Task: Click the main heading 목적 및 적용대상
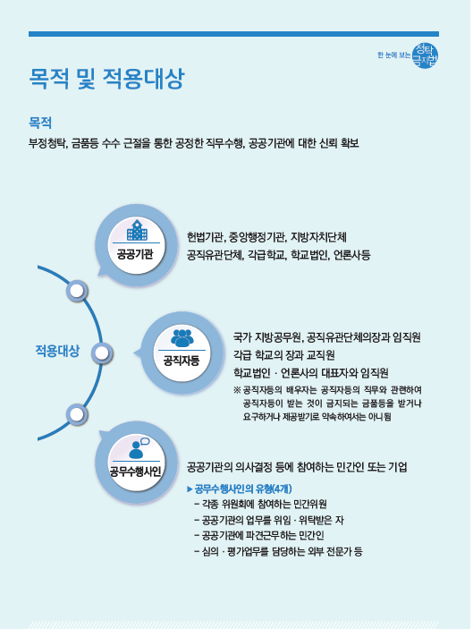coord(106,78)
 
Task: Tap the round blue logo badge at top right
coord(426,55)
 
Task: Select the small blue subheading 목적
coord(40,123)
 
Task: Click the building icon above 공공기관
coord(137,230)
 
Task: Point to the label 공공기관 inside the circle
coord(135,254)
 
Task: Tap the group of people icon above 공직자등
coord(182,338)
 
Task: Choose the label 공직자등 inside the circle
coord(182,361)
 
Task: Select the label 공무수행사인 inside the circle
coord(136,471)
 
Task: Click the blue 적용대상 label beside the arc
coord(58,351)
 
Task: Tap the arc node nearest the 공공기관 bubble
coord(77,291)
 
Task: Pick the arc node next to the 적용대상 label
coord(102,353)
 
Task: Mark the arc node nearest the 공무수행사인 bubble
coord(77,414)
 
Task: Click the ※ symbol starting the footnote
coord(237,390)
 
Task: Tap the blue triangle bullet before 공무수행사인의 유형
coord(190,489)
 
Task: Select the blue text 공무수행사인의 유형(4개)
coord(243,489)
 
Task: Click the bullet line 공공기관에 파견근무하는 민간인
coord(259,536)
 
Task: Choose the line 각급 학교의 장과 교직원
coord(284,355)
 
